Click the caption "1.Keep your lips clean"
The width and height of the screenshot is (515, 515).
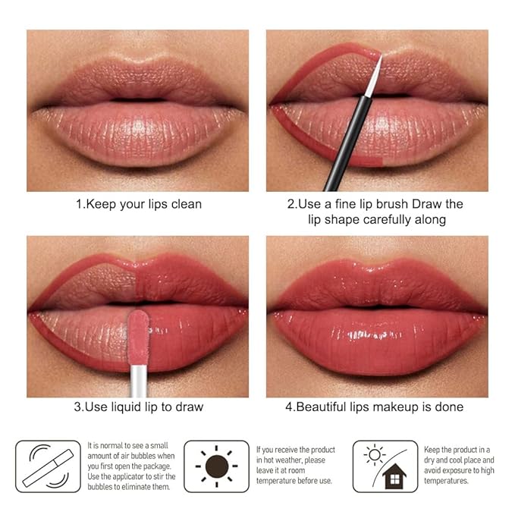click(137, 204)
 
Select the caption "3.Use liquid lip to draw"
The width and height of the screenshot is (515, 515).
click(138, 407)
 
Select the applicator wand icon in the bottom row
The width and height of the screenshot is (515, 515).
click(47, 466)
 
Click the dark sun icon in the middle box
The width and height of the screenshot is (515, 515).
click(216, 465)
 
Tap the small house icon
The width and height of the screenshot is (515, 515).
click(394, 476)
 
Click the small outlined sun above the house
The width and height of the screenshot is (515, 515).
click(374, 454)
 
